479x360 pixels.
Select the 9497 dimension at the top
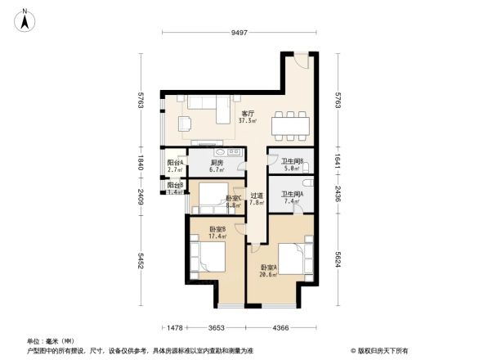(238, 34)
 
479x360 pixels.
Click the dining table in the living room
(290, 121)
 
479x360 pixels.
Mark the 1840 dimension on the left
(141, 163)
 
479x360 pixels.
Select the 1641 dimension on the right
(338, 162)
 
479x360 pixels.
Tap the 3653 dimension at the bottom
(216, 328)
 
